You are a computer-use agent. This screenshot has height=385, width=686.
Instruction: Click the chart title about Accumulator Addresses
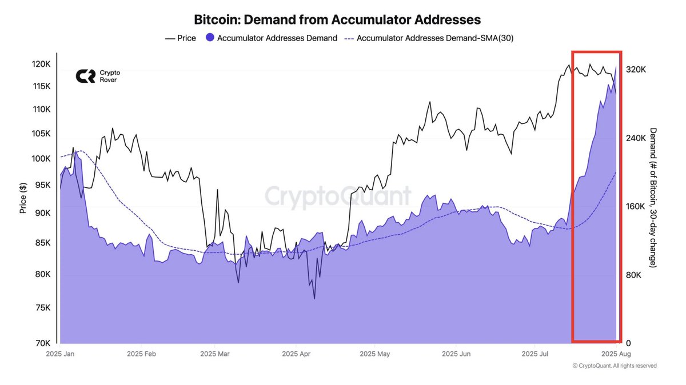(x=337, y=19)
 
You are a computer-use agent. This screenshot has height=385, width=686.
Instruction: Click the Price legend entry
(x=180, y=38)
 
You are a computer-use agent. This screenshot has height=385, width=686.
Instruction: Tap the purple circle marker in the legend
(x=210, y=38)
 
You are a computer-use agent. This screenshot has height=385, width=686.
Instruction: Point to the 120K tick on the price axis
(x=41, y=65)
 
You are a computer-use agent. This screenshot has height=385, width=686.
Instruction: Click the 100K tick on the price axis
(x=41, y=158)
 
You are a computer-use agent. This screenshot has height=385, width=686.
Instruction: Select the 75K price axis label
(x=43, y=307)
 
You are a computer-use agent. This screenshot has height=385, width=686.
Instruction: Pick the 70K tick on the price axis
(x=43, y=343)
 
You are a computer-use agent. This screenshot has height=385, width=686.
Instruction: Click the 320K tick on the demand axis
(x=636, y=69)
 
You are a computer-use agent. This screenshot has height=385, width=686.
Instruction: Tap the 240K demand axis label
(x=636, y=138)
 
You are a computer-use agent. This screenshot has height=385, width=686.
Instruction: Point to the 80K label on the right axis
(x=633, y=275)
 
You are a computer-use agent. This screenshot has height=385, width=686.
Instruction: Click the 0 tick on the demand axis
(x=628, y=343)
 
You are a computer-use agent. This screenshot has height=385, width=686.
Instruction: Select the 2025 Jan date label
(x=61, y=354)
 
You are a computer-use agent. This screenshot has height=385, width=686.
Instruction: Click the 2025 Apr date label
(x=297, y=354)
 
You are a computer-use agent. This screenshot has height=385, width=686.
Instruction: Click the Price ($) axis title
(x=23, y=197)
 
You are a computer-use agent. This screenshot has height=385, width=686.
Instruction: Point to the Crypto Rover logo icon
(x=86, y=77)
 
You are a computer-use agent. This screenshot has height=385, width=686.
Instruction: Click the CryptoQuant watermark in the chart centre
(x=337, y=196)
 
